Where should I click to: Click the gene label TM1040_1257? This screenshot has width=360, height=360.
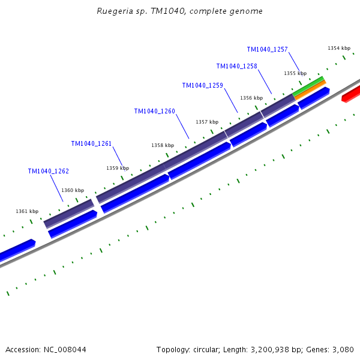(x=267, y=49)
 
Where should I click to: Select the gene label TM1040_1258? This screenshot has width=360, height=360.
(x=236, y=66)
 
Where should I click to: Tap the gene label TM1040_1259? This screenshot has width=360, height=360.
(x=202, y=85)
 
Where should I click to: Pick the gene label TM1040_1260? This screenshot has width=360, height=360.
(x=154, y=111)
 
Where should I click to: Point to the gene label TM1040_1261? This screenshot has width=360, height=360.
(x=91, y=143)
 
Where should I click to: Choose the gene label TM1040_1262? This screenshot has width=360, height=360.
(x=48, y=171)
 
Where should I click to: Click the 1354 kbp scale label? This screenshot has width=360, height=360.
(x=339, y=48)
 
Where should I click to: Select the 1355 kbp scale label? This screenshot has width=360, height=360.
(x=295, y=73)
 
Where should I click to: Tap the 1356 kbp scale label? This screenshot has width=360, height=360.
(x=251, y=98)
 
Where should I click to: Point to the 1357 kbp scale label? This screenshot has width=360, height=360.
(x=207, y=122)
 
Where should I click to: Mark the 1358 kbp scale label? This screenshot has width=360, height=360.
(x=163, y=145)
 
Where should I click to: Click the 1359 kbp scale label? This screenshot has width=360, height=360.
(x=118, y=168)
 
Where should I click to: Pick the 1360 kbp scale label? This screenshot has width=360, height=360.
(x=73, y=190)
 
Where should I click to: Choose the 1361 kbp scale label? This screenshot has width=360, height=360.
(x=27, y=211)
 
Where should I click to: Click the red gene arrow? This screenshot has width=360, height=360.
(x=351, y=94)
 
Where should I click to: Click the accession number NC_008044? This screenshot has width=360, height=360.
(x=65, y=349)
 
